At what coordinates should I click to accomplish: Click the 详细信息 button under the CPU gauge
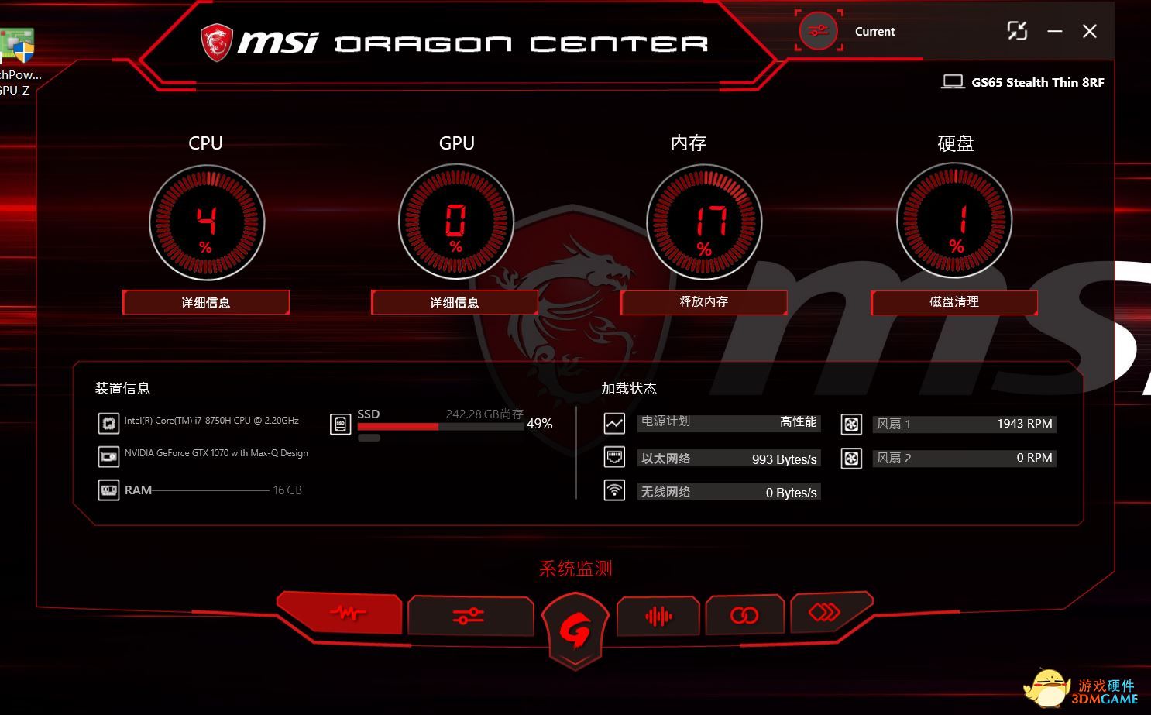205,302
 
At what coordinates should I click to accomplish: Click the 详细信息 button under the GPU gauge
454,302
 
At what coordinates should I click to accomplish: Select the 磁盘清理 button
953,302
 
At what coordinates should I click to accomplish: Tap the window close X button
1089,31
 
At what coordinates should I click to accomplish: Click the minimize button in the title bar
1054,31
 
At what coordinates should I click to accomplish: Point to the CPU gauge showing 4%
206,223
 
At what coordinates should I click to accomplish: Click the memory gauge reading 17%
704,223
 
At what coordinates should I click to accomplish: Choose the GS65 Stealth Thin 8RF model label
1037,82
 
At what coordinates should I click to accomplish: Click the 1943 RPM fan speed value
1024,424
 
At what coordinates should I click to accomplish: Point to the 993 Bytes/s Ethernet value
784,459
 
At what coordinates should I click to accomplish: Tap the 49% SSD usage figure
539,424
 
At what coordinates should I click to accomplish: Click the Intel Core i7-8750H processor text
211,421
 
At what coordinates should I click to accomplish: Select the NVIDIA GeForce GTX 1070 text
216,453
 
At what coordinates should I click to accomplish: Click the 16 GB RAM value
287,490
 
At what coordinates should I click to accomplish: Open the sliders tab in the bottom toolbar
469,616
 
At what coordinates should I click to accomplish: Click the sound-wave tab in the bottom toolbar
658,616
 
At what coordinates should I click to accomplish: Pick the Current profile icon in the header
819,31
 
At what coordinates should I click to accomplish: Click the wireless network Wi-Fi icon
614,490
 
